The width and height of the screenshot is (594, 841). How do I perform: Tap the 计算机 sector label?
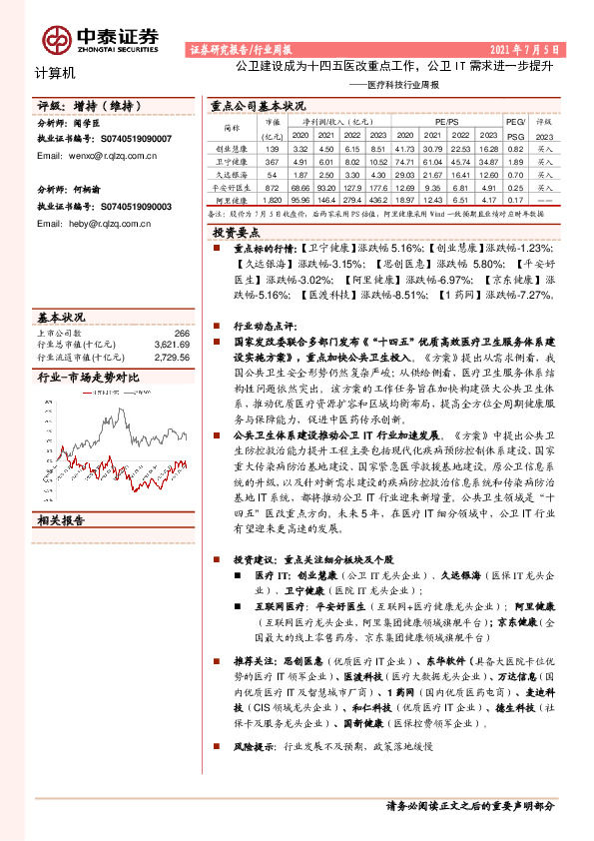41,73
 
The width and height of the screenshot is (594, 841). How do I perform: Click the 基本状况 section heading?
61,318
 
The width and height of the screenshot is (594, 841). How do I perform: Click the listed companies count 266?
181,333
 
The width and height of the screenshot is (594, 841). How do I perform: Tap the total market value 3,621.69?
173,344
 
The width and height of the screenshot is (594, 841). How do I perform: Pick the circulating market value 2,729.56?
173,356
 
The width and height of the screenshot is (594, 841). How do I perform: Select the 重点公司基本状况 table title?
258,105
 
